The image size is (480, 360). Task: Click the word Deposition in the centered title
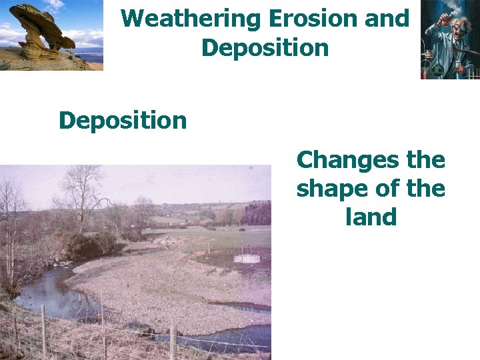[265, 48]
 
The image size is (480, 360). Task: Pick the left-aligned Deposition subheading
[123, 121]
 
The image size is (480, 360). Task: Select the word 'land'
[371, 217]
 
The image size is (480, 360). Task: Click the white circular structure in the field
[248, 257]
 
